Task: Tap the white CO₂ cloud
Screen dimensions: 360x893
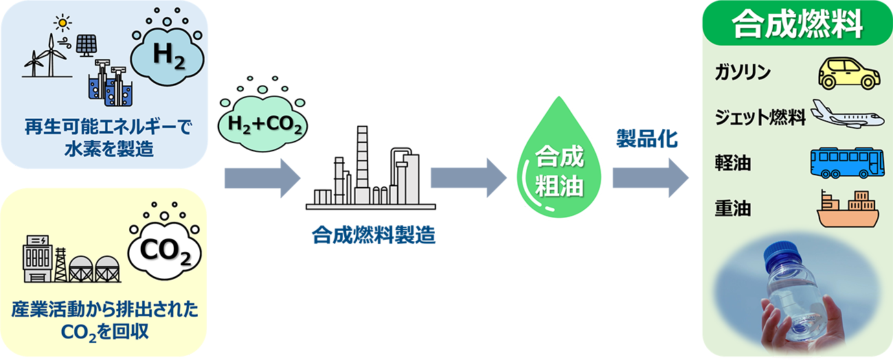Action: [x=165, y=251]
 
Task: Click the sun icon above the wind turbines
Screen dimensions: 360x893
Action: [x=64, y=23]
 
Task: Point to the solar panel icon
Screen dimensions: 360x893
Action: [x=86, y=45]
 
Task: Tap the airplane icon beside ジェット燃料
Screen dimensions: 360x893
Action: [x=847, y=114]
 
